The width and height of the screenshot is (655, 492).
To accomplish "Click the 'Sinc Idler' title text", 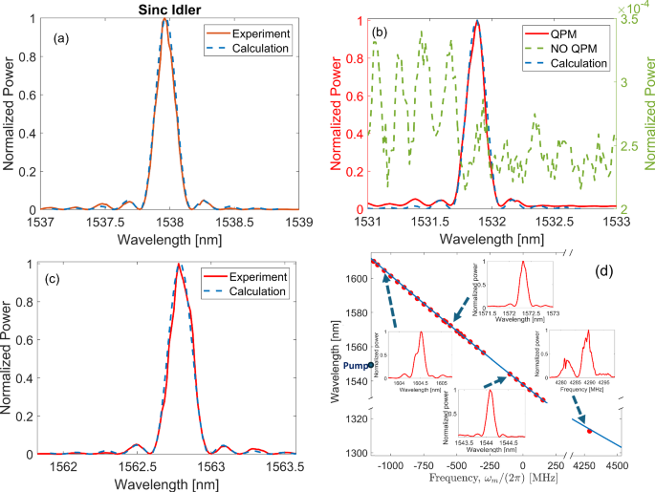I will [165, 8].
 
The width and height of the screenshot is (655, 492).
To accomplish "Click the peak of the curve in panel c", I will [178, 266].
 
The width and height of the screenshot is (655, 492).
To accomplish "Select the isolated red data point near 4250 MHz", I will [589, 432].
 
